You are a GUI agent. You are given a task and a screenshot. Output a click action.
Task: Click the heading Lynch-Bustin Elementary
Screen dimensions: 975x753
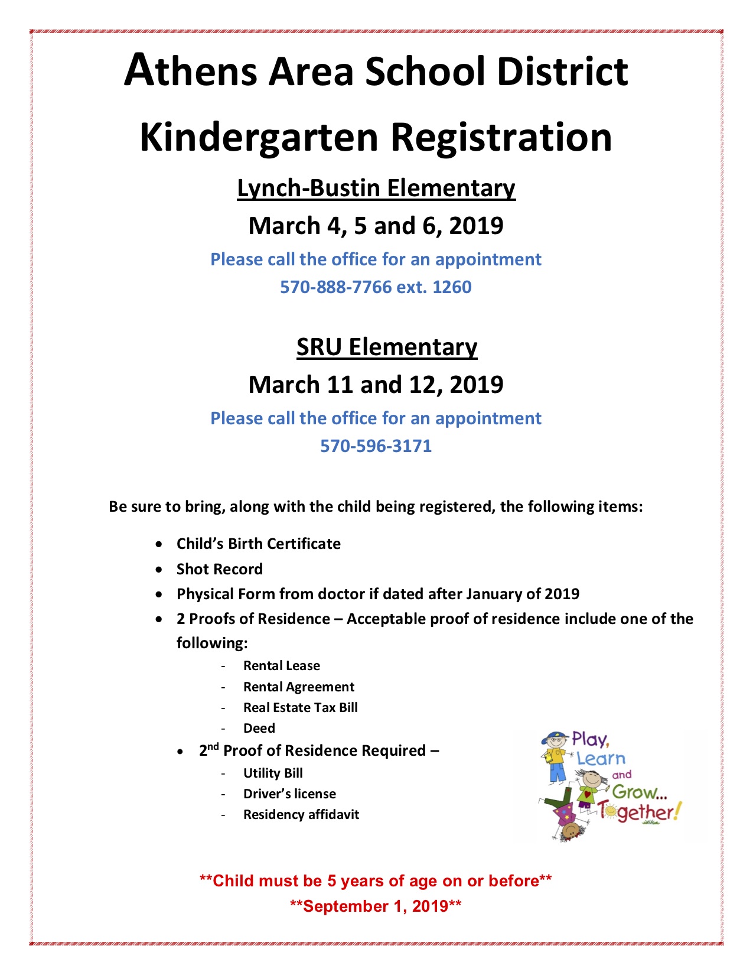point(376,188)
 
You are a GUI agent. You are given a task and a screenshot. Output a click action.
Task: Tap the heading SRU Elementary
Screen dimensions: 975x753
point(387,347)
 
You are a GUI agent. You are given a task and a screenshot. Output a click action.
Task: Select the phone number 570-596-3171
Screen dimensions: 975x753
point(376,446)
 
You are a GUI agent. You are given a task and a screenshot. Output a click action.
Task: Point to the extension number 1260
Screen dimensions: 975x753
point(452,287)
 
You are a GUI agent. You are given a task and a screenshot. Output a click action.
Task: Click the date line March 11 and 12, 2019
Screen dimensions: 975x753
point(376,385)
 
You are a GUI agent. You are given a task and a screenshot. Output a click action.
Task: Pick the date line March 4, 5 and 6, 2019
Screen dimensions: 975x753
point(376,226)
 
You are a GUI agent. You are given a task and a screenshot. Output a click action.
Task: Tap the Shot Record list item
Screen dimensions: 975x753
point(219,569)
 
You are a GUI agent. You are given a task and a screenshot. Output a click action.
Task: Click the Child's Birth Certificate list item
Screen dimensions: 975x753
point(258,544)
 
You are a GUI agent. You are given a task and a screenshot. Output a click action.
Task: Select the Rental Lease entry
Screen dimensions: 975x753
point(281,666)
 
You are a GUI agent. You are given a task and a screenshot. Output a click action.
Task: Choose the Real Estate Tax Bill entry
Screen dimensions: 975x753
point(300,708)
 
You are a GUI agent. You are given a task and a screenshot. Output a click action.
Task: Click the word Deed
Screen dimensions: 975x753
point(259,729)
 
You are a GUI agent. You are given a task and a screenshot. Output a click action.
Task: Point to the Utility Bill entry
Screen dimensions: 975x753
point(273,773)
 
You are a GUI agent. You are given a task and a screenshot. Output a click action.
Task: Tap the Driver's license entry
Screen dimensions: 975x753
point(289,794)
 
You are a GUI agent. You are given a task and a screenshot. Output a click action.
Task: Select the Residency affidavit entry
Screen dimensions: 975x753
point(301,815)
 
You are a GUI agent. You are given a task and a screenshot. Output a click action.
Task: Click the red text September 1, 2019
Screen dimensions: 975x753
point(376,906)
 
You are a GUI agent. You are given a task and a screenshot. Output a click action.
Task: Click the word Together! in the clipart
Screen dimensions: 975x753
point(638,812)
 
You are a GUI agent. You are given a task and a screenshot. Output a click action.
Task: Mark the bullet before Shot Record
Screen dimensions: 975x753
point(159,570)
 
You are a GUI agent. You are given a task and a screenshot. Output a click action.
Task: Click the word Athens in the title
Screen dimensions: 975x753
point(190,71)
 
